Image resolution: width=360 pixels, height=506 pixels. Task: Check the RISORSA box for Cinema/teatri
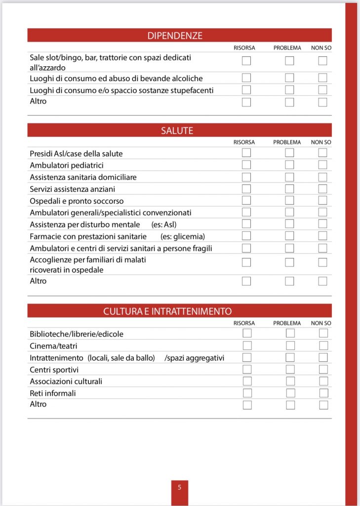pyautogui.click(x=247, y=345)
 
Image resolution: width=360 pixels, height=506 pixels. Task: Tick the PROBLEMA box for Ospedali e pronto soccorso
pyautogui.click(x=289, y=201)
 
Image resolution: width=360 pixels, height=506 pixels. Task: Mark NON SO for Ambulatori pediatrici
pyautogui.click(x=322, y=165)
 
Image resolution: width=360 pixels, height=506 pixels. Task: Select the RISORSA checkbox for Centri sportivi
pyautogui.click(x=247, y=369)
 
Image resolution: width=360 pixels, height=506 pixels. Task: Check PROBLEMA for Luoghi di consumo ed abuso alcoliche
pyautogui.click(x=289, y=78)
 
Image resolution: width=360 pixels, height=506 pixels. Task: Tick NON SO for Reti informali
pyautogui.click(x=323, y=393)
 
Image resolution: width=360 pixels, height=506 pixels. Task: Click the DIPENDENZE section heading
pyautogui.click(x=175, y=36)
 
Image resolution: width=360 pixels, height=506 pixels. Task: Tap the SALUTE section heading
pyautogui.click(x=177, y=131)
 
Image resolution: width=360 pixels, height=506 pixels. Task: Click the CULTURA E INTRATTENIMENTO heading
pyautogui.click(x=167, y=311)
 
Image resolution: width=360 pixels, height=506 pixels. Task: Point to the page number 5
pyautogui.click(x=179, y=487)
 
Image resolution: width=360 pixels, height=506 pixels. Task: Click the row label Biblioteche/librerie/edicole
pyautogui.click(x=76, y=334)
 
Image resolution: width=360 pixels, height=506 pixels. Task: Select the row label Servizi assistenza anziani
pyautogui.click(x=73, y=189)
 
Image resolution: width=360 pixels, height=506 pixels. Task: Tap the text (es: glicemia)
pyautogui.click(x=183, y=236)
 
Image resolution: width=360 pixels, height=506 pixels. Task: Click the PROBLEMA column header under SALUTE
pyautogui.click(x=287, y=142)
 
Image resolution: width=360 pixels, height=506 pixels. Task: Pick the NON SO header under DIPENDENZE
pyautogui.click(x=321, y=47)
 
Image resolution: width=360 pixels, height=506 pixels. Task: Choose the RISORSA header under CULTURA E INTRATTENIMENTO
pyautogui.click(x=244, y=323)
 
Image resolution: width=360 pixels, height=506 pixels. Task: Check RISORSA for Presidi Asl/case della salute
pyautogui.click(x=246, y=153)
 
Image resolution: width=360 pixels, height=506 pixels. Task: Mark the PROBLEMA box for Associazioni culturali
pyautogui.click(x=290, y=381)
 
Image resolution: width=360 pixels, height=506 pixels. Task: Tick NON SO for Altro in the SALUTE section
pyautogui.click(x=322, y=281)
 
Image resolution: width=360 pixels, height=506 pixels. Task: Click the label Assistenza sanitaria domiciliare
pyautogui.click(x=83, y=177)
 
